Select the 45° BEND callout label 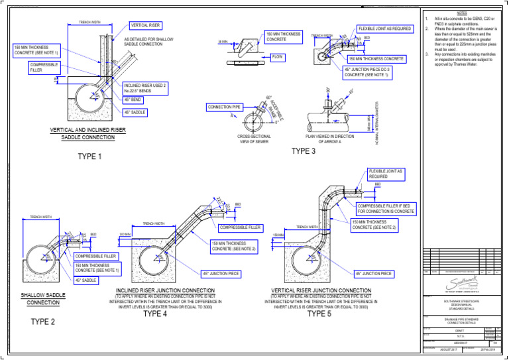click(x=136, y=99)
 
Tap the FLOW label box click(x=278, y=58)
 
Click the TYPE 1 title click(x=90, y=156)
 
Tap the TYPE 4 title click(x=155, y=314)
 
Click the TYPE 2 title click(x=43, y=322)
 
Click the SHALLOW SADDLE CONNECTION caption click(x=43, y=299)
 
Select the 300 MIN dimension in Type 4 click(x=125, y=235)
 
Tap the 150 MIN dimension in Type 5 click(x=278, y=235)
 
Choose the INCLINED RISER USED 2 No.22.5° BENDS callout click(x=145, y=87)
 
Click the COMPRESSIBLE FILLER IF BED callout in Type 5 click(x=387, y=208)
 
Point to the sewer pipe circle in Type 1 click(x=90, y=99)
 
